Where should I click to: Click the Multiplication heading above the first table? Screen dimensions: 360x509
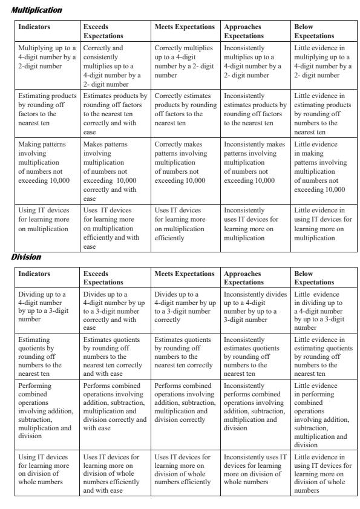click(36, 10)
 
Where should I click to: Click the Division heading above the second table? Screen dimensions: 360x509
click(27, 257)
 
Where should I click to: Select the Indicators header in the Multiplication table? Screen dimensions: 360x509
click(34, 27)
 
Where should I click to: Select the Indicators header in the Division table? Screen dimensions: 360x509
click(34, 274)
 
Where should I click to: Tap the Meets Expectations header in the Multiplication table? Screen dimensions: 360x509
click(185, 27)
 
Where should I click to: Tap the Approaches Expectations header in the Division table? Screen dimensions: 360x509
click(243, 278)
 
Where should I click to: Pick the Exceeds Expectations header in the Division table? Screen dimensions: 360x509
click(103, 278)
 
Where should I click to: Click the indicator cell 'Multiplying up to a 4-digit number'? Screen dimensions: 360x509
click(47, 56)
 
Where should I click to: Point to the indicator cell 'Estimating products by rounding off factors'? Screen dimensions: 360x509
click(47, 109)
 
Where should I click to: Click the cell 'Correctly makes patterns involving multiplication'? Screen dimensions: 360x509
click(184, 163)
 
